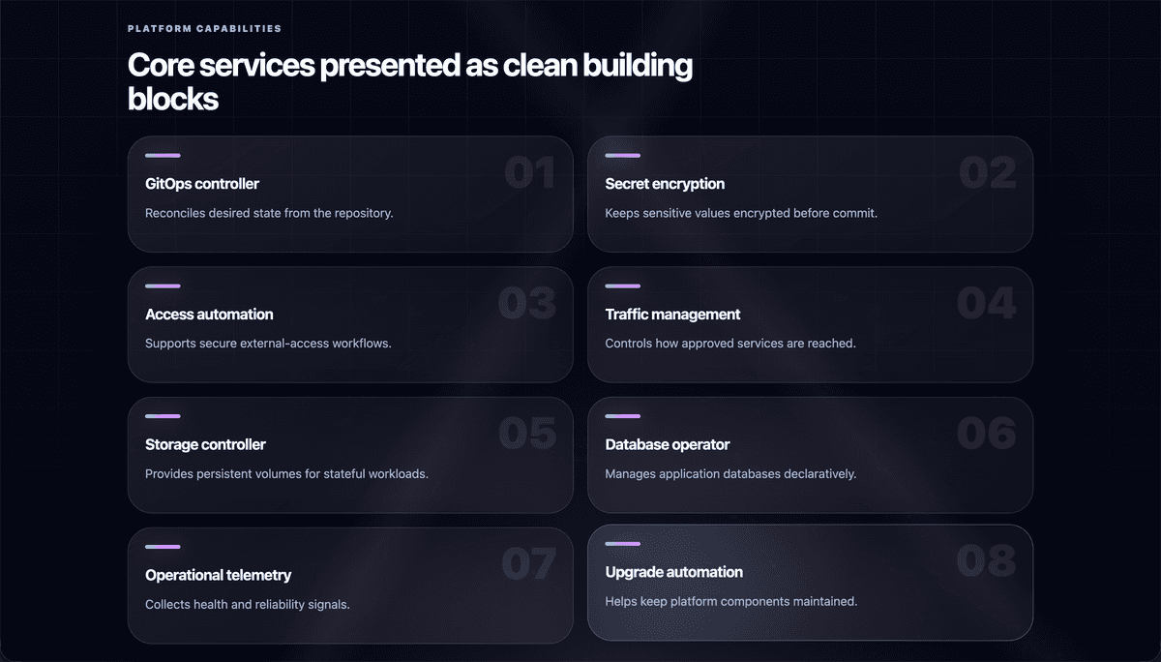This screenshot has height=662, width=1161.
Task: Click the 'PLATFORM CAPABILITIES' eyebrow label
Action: (204, 28)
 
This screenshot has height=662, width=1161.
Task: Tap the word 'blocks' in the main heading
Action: (173, 99)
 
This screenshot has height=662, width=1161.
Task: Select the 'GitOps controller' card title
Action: (201, 184)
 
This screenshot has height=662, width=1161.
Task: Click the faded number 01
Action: (530, 172)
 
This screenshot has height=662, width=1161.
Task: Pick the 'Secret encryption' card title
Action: (665, 184)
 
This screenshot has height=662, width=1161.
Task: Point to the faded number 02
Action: (988, 172)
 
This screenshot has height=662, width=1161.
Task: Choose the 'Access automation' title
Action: (209, 315)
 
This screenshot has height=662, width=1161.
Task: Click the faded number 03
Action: (527, 303)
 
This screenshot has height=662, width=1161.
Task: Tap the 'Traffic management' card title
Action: (672, 315)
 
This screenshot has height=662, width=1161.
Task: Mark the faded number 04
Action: (986, 303)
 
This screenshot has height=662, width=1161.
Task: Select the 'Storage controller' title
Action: (205, 445)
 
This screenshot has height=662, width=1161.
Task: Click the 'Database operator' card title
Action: (667, 445)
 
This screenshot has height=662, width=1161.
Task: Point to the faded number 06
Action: (986, 434)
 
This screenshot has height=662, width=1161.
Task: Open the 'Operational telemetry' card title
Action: (219, 576)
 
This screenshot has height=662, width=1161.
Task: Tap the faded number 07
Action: (528, 564)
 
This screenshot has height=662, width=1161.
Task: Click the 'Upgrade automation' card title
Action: (673, 572)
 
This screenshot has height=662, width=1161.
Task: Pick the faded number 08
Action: (986, 561)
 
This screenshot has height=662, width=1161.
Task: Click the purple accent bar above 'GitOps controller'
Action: (163, 156)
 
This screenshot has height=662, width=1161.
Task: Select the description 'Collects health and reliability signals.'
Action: (248, 605)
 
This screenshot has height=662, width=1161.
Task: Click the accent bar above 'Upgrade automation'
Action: (622, 544)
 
